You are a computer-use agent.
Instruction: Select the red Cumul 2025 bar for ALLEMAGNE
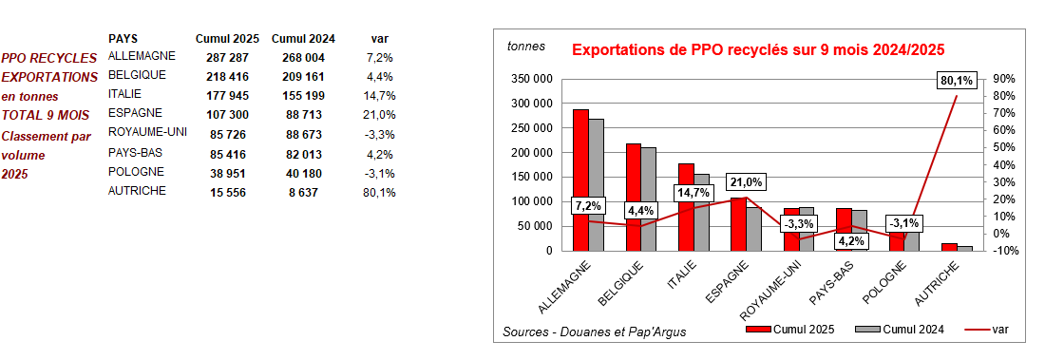pyautogui.click(x=580, y=180)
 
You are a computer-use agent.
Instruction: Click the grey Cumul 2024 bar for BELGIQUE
pyautogui.click(x=649, y=199)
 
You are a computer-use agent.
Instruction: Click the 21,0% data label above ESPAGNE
pyautogui.click(x=746, y=182)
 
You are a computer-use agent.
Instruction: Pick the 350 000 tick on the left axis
pyautogui.click(x=532, y=79)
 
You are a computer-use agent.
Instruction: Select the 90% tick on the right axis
pyautogui.click(x=1004, y=79)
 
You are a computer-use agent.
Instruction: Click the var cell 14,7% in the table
pyautogui.click(x=379, y=96)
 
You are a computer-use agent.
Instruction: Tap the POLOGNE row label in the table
pyautogui.click(x=136, y=172)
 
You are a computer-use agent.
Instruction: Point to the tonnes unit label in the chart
pyautogui.click(x=526, y=47)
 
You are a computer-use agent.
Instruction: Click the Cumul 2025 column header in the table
pyautogui.click(x=226, y=38)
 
